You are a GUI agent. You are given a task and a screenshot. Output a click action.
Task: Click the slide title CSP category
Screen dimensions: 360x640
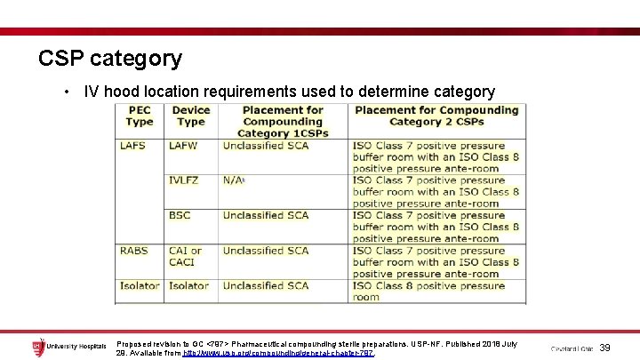pos(110,59)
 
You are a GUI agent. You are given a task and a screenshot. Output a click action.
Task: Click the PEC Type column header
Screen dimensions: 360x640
pos(139,116)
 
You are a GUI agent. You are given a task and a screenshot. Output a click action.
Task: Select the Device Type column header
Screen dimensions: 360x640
pos(190,116)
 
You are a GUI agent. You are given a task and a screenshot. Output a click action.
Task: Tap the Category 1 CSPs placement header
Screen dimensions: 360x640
pos(283,122)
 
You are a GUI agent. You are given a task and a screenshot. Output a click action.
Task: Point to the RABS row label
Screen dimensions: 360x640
pos(134,251)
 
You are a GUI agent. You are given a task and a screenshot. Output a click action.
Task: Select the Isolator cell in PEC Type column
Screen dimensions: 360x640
pos(140,285)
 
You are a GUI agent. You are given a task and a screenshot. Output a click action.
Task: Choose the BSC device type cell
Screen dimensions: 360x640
pos(180,215)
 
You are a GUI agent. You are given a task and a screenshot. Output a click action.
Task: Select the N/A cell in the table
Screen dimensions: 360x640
pos(233,180)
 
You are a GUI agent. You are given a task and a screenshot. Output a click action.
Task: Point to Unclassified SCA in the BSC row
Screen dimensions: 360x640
pos(265,215)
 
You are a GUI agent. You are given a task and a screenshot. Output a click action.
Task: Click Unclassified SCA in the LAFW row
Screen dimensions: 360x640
pos(265,145)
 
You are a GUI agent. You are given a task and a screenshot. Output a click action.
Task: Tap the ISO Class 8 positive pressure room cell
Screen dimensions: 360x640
pos(428,291)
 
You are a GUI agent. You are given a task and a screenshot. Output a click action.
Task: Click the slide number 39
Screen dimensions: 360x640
pos(606,348)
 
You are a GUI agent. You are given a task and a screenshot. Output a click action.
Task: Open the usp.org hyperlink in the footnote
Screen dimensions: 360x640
pos(279,353)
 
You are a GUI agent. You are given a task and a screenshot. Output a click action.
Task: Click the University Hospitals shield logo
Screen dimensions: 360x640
pos(37,347)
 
